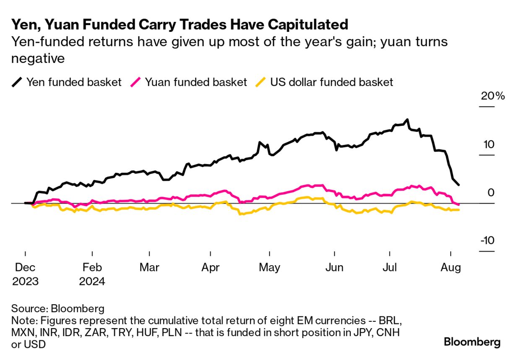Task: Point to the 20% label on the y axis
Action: pos(493,96)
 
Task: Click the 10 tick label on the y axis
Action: pos(489,144)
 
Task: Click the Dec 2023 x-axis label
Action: pos(25,274)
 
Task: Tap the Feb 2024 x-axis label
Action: pos(92,274)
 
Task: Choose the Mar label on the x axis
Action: pos(150,267)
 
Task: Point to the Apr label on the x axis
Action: pos(210,267)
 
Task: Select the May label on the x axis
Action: pos(270,267)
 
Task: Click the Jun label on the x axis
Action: pos(334,267)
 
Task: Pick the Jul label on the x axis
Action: pos(390,267)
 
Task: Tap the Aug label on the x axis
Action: pos(451,267)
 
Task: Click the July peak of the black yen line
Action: pos(407,120)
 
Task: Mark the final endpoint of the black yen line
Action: pos(459,185)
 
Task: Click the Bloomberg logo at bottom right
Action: pos(472,342)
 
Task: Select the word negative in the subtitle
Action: pos(38,58)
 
